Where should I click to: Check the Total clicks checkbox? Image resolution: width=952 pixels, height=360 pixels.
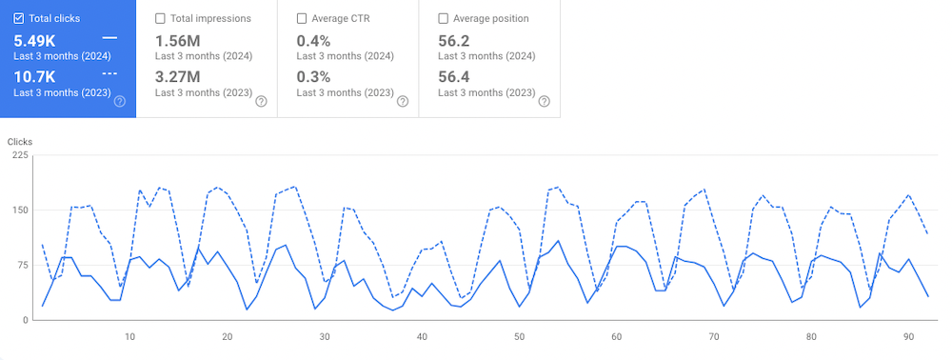coord(19,18)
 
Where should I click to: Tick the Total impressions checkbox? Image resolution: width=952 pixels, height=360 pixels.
coord(160,18)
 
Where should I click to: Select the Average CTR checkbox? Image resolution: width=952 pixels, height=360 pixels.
coord(302,18)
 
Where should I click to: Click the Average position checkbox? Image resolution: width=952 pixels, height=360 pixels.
coord(444,18)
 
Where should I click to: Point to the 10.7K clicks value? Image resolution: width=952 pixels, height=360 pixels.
coord(35,75)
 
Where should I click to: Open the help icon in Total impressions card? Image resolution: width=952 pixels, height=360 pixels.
coord(261,101)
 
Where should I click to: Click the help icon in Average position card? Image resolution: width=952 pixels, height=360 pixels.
coord(545,101)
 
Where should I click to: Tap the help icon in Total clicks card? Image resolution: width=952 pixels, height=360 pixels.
coord(120,101)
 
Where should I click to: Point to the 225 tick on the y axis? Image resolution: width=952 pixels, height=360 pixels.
coord(19,155)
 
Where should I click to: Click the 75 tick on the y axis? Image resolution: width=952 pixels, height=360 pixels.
coord(22,265)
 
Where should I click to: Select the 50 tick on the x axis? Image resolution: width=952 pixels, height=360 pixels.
coord(519,336)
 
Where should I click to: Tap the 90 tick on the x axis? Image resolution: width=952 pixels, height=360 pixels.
coord(908,336)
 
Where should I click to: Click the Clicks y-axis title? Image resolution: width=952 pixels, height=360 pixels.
coord(20,142)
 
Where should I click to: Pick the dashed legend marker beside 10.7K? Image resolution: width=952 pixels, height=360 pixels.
coord(109,73)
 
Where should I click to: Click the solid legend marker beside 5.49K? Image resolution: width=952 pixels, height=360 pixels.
coord(109,38)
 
